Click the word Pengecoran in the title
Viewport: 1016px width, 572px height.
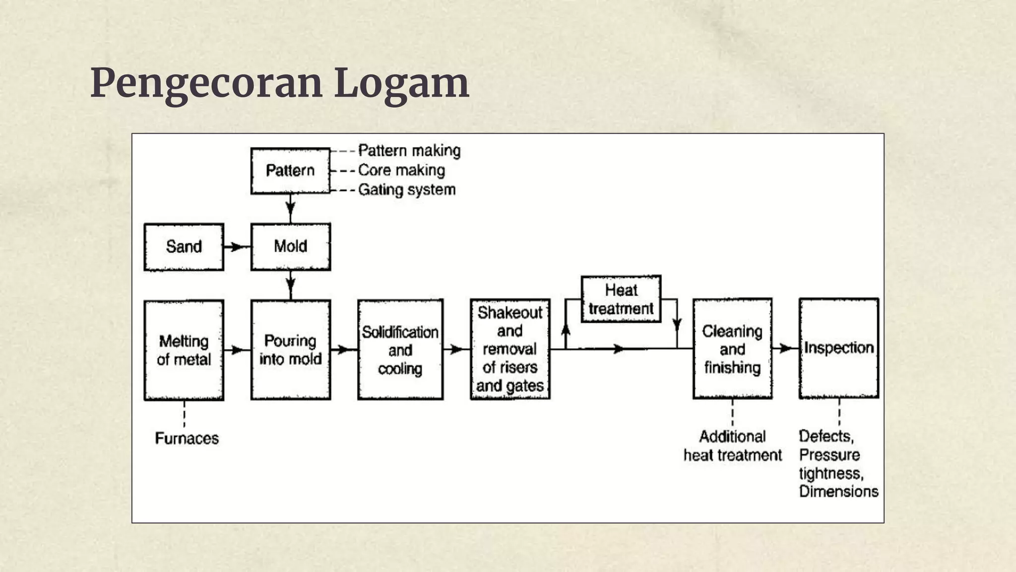tap(206, 83)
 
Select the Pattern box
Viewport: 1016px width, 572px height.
tap(290, 170)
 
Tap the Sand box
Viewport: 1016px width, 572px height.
tap(184, 247)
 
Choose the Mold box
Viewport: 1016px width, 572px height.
tap(290, 247)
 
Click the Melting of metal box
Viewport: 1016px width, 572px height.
tap(184, 350)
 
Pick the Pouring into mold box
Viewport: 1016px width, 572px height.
tap(290, 350)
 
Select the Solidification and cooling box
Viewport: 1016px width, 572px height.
tap(400, 350)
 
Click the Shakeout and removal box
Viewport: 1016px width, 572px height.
tap(510, 349)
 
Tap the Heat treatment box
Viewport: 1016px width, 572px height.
tap(621, 299)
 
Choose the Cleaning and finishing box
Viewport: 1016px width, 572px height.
tap(732, 349)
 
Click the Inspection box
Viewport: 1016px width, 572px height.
tap(838, 348)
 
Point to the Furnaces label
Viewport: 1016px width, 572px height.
tap(187, 438)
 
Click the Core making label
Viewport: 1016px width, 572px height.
tap(401, 170)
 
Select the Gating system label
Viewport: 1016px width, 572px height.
tap(406, 190)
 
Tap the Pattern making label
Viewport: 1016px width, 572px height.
tap(409, 150)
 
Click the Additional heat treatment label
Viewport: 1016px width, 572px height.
tap(732, 446)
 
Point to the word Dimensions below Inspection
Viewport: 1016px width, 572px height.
tap(838, 492)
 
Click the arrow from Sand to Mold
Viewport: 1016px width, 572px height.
tap(237, 247)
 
